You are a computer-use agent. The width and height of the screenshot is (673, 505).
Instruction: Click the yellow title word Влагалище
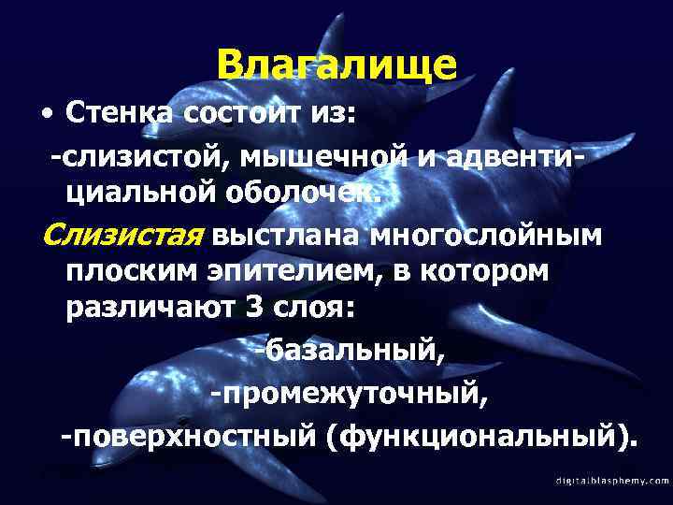click(x=336, y=65)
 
